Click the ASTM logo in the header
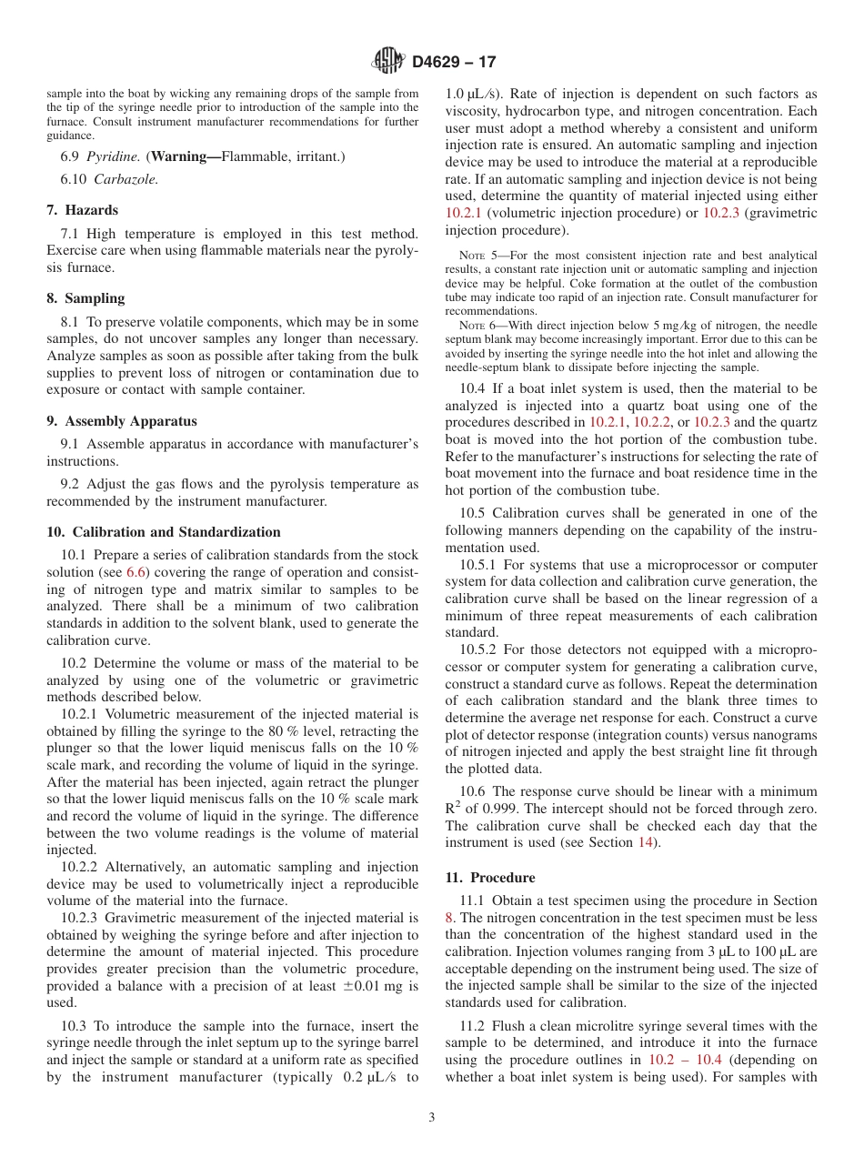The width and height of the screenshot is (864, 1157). click(388, 62)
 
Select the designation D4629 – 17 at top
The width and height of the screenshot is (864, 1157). click(453, 63)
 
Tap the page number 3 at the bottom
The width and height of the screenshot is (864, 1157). click(432, 1118)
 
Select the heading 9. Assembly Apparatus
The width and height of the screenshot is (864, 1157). click(121, 421)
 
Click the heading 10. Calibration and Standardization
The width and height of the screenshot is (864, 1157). click(164, 532)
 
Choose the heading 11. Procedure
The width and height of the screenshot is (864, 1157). click(490, 878)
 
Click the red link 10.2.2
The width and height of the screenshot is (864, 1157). click(651, 423)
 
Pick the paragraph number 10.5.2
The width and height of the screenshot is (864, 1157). click(478, 649)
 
